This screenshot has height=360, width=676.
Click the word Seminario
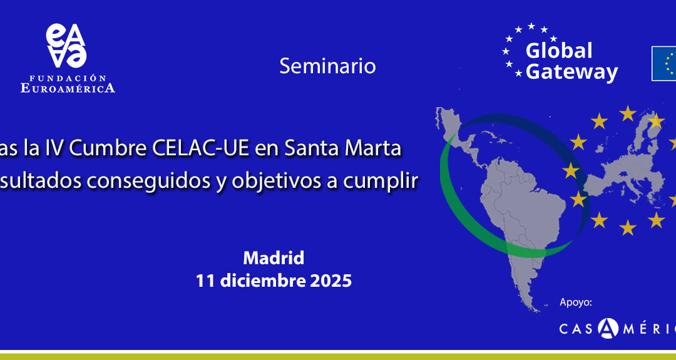click(327, 66)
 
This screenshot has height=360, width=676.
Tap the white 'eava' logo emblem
click(66, 46)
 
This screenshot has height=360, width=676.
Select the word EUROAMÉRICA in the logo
click(68, 88)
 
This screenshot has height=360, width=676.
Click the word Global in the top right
click(559, 51)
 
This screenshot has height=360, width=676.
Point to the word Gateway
click(571, 72)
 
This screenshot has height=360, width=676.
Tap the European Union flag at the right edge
click(664, 63)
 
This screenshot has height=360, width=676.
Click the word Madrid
click(274, 257)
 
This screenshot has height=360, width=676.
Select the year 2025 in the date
click(331, 281)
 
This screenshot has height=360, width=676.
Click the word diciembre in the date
click(262, 281)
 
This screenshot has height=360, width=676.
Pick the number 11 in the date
click(205, 281)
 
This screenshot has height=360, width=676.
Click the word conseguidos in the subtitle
click(146, 180)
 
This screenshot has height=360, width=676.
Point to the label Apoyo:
click(575, 302)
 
